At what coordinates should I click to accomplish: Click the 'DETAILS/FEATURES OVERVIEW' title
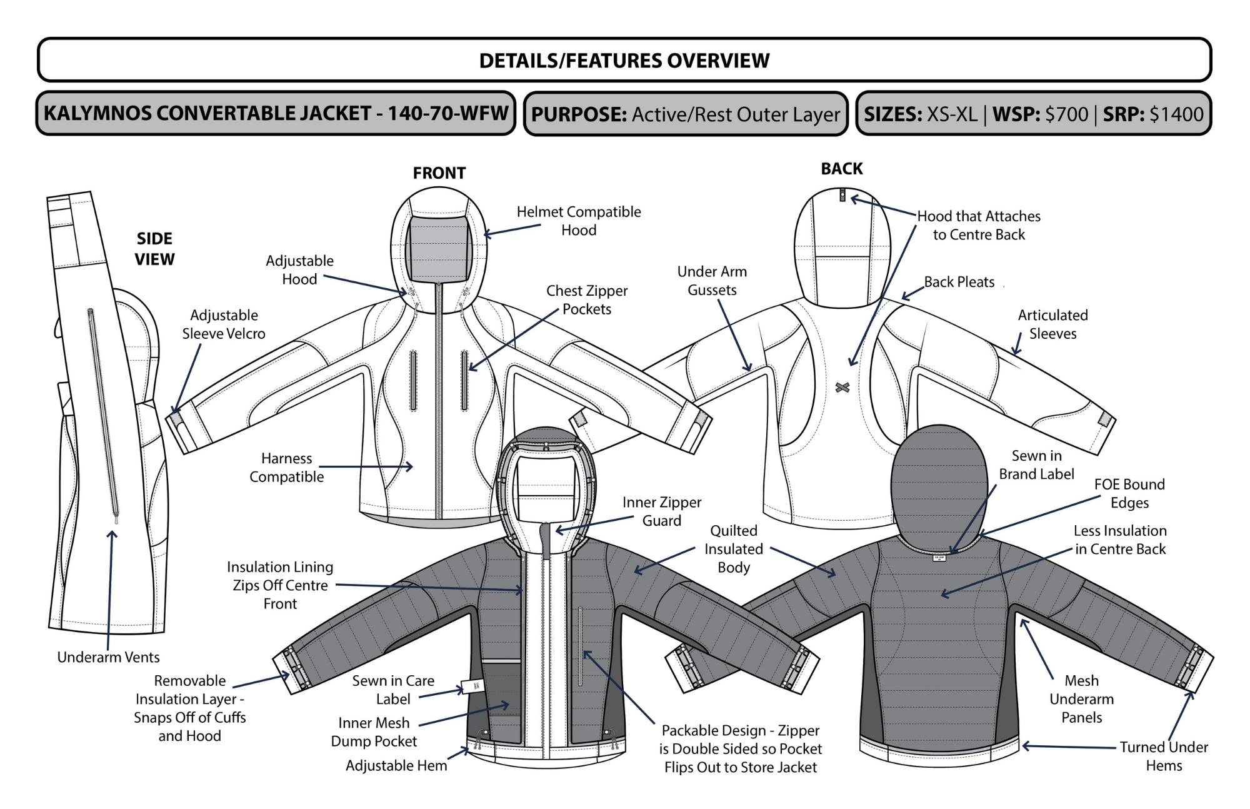click(x=624, y=61)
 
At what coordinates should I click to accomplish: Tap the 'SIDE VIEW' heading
click(x=154, y=249)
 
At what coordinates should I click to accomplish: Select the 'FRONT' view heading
click(x=439, y=173)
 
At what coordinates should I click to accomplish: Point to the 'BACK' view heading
click(x=841, y=169)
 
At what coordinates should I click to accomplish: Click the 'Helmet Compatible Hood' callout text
click(x=579, y=221)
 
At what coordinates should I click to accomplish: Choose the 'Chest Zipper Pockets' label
click(x=587, y=300)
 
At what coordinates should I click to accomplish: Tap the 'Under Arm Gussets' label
click(x=712, y=281)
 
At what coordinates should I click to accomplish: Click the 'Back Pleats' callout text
click(x=959, y=282)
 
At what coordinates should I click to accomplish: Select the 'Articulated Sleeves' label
click(x=1052, y=324)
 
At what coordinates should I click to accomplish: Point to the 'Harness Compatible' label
click(x=286, y=468)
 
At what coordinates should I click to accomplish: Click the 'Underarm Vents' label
click(x=108, y=657)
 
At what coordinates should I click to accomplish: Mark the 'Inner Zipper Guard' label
click(x=661, y=511)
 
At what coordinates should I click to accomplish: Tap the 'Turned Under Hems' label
click(x=1163, y=756)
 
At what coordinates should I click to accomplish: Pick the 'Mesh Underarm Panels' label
click(x=1081, y=699)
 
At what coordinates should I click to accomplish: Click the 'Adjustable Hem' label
click(x=396, y=766)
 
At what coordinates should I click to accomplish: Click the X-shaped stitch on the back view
click(x=842, y=387)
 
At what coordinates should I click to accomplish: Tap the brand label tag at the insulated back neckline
click(x=939, y=557)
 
